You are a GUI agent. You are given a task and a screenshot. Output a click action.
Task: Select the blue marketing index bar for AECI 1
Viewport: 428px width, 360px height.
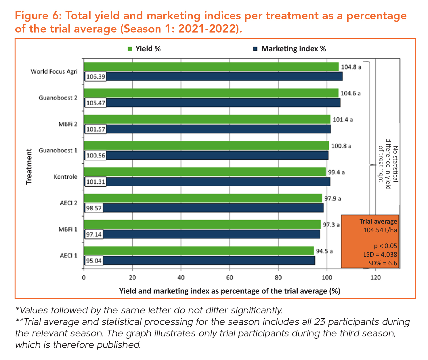pyautogui.click(x=209, y=261)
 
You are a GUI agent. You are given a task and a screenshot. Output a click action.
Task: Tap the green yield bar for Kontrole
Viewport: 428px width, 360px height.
pyautogui.click(x=205, y=172)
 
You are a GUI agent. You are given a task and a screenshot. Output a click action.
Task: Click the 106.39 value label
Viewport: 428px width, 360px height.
pyautogui.click(x=96, y=77)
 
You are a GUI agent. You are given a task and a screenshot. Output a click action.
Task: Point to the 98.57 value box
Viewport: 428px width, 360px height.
pyautogui.click(x=94, y=208)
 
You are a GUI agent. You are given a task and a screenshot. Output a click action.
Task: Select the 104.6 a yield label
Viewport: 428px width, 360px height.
pyautogui.click(x=350, y=93)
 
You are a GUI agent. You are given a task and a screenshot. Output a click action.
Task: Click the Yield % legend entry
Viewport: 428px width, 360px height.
pyautogui.click(x=144, y=49)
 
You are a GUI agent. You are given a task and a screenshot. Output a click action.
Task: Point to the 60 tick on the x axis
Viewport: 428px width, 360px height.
pyautogui.click(x=230, y=278)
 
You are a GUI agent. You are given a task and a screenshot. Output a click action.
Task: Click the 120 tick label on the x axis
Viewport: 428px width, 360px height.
pyautogui.click(x=376, y=278)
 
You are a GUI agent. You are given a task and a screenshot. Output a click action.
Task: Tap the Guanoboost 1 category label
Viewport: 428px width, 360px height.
pyautogui.click(x=58, y=151)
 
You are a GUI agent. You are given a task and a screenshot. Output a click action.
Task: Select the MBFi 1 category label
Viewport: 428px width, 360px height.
pyautogui.click(x=68, y=229)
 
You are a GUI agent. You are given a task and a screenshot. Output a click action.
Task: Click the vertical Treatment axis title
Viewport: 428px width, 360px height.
pyautogui.click(x=29, y=166)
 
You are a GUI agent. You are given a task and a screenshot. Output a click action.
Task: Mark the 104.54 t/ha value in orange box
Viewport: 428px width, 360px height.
pyautogui.click(x=380, y=230)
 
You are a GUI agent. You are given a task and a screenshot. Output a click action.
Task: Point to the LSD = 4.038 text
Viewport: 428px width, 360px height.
pyautogui.click(x=380, y=255)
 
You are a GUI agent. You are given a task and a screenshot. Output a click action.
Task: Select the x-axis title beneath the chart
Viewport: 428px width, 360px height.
pyautogui.click(x=230, y=291)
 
